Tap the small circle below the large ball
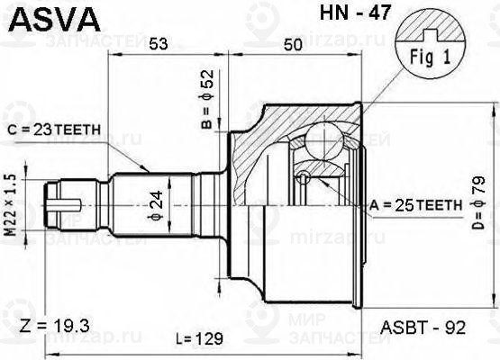pyautogui.click(x=306, y=176)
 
